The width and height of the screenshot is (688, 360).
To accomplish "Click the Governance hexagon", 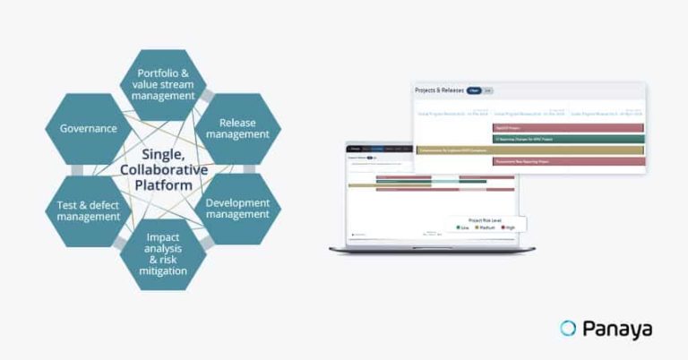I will point(89,128).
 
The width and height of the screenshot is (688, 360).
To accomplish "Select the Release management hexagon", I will point(237,128).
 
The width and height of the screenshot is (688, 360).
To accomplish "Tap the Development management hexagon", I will point(237,208).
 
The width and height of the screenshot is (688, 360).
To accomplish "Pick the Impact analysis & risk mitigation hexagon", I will point(163,253).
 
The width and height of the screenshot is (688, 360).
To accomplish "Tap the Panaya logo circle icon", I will point(567,329).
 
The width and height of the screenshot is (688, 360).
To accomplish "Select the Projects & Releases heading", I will point(438,90).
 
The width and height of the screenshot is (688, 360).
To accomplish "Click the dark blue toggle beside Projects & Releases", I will point(473,90).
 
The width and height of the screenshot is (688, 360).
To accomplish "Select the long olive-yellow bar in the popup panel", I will point(529,150).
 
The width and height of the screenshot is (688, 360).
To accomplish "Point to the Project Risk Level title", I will point(486,219).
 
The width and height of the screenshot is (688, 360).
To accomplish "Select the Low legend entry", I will point(463,227).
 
